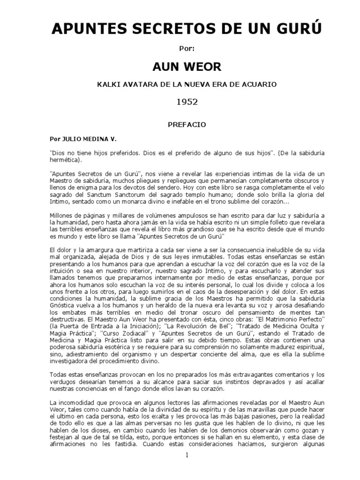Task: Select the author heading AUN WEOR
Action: pos(180,67)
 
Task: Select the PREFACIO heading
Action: pos(180,126)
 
